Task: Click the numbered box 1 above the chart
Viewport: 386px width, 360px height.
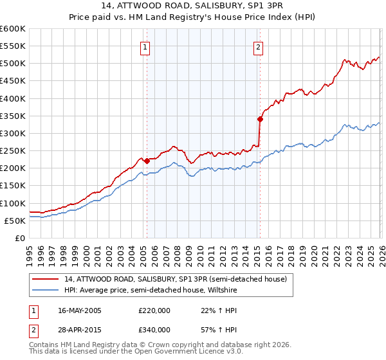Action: pyautogui.click(x=145, y=47)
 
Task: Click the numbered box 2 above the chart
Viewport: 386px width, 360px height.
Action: pyautogui.click(x=258, y=47)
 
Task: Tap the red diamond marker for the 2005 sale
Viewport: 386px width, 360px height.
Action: pyautogui.click(x=147, y=161)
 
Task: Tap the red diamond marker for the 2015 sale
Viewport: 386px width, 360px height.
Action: pyautogui.click(x=260, y=119)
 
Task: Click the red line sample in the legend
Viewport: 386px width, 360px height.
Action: pyautogui.click(x=46, y=279)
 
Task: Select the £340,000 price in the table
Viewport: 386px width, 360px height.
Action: pyautogui.click(x=154, y=330)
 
